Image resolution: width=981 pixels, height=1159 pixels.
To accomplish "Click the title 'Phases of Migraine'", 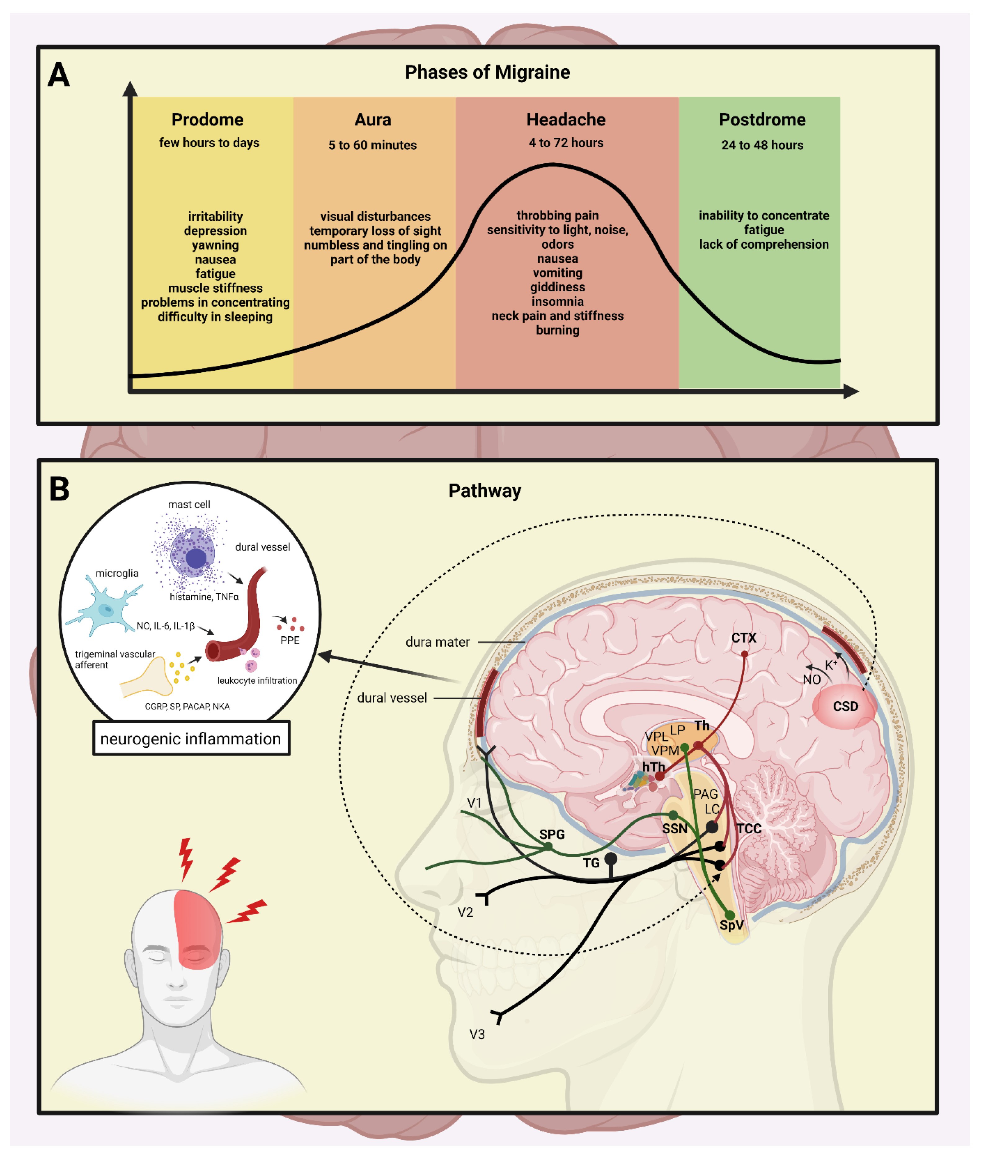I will [x=487, y=72].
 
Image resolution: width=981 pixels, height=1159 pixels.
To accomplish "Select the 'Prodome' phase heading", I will [x=207, y=120].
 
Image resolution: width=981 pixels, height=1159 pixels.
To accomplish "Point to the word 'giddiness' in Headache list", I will [x=557, y=287].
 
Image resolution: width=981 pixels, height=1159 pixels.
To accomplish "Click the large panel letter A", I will [x=59, y=75].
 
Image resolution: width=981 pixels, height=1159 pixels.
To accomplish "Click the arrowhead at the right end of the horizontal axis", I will [x=851, y=392].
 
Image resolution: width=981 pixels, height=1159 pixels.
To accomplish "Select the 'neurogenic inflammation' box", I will [x=191, y=739].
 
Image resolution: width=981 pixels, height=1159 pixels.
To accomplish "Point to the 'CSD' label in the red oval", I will [x=845, y=706].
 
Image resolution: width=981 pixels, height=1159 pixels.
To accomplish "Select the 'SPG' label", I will [x=552, y=834].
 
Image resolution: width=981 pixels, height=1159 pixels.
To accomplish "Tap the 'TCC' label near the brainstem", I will [x=749, y=829].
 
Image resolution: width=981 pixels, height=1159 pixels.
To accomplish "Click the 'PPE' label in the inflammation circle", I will [x=290, y=640].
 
